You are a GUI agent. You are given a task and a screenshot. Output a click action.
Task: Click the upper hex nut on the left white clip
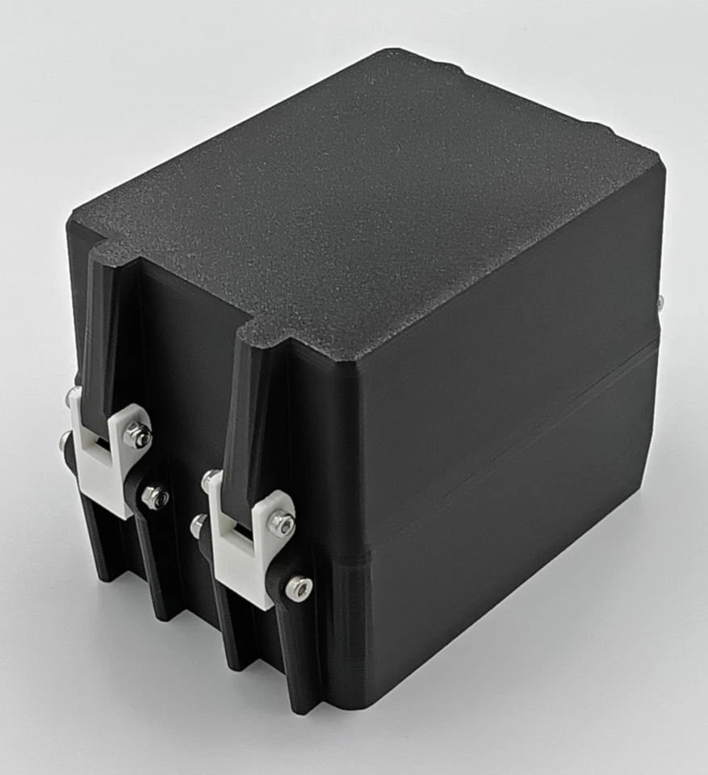tap(138, 436)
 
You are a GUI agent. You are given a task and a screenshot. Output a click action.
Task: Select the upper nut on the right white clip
tap(281, 524)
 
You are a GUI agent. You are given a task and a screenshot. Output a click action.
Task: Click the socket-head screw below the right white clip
tap(298, 589)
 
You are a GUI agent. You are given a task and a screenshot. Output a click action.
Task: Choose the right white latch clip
tap(242, 549)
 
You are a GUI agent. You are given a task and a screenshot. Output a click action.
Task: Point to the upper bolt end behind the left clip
tap(73, 396)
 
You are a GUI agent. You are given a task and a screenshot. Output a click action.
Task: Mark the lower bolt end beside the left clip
tap(65, 441)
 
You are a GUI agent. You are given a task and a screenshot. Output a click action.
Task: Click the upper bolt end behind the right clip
tap(211, 480)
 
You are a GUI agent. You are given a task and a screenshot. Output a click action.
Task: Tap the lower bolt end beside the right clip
tap(199, 526)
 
